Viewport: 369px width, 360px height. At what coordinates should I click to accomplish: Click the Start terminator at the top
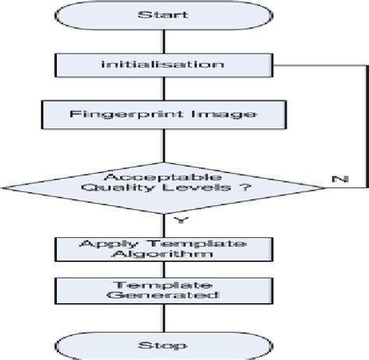tap(163, 16)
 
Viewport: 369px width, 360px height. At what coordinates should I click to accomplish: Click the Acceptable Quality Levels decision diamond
tap(163, 184)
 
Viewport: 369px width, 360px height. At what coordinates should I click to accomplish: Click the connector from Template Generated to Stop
tap(163, 316)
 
